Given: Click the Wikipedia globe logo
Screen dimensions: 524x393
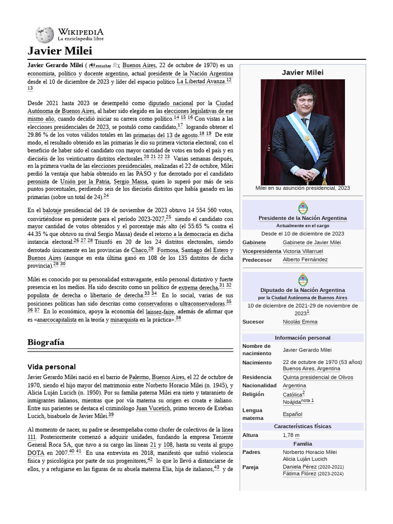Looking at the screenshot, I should click(x=45, y=34).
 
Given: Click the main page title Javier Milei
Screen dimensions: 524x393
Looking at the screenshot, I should click(x=60, y=51).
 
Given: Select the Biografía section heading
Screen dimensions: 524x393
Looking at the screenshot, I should click(x=46, y=342).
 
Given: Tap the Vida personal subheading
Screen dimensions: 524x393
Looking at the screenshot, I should click(x=51, y=367).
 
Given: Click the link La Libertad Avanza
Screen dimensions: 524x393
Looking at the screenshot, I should click(x=201, y=81).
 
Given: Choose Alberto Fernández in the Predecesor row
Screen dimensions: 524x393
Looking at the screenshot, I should click(x=305, y=259).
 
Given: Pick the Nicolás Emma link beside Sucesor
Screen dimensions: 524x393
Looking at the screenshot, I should click(x=300, y=322).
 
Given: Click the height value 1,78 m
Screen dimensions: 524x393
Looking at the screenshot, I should click(x=291, y=435).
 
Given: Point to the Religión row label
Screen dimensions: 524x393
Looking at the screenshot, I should click(x=253, y=394).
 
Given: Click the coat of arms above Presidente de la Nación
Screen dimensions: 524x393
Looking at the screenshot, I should click(x=302, y=208).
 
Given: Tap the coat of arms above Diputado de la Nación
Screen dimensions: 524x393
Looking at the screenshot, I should click(x=302, y=280).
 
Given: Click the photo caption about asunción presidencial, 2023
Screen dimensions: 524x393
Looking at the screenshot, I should click(x=302, y=188).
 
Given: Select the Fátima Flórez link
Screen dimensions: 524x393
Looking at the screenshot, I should click(x=299, y=474).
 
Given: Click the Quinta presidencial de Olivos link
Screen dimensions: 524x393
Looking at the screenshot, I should click(x=318, y=377).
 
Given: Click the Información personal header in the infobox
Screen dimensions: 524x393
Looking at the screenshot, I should click(x=302, y=338).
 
